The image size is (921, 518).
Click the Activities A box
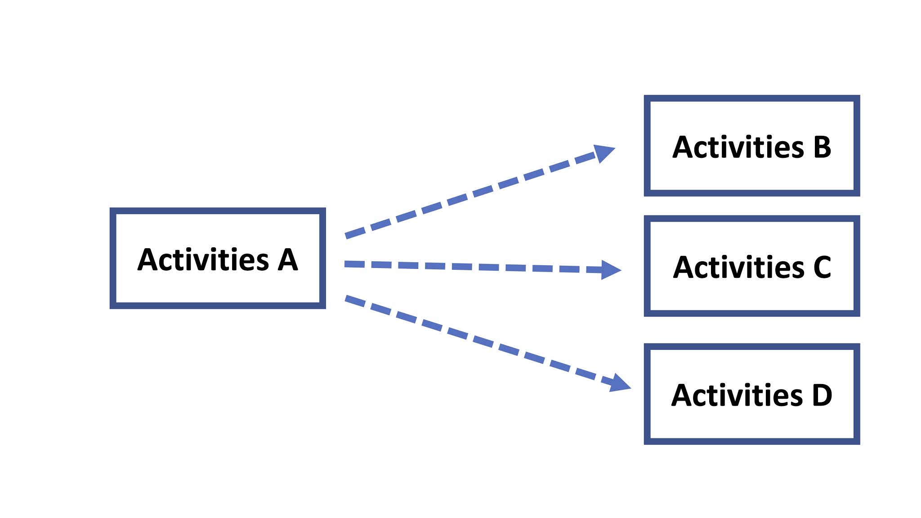tap(218, 258)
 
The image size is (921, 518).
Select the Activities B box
tap(751, 146)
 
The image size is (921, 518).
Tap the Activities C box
tap(751, 266)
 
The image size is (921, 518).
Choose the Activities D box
tap(751, 394)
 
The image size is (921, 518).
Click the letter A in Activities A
tap(287, 260)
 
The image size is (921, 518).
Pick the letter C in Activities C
tap(822, 268)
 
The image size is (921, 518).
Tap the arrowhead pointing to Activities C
tap(610, 270)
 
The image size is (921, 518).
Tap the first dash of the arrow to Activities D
tap(355, 300)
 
